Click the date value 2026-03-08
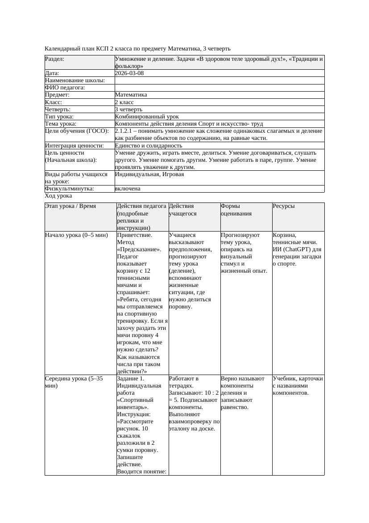[129, 73]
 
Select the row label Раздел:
[54, 59]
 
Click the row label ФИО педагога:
[65, 88]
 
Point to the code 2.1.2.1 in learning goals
[125, 131]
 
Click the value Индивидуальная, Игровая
[149, 174]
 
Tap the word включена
[128, 189]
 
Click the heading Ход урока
[58, 196]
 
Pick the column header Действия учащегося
[182, 210]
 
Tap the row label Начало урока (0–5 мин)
[77, 235]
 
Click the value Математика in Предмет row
[131, 95]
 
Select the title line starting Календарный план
[138, 48]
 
